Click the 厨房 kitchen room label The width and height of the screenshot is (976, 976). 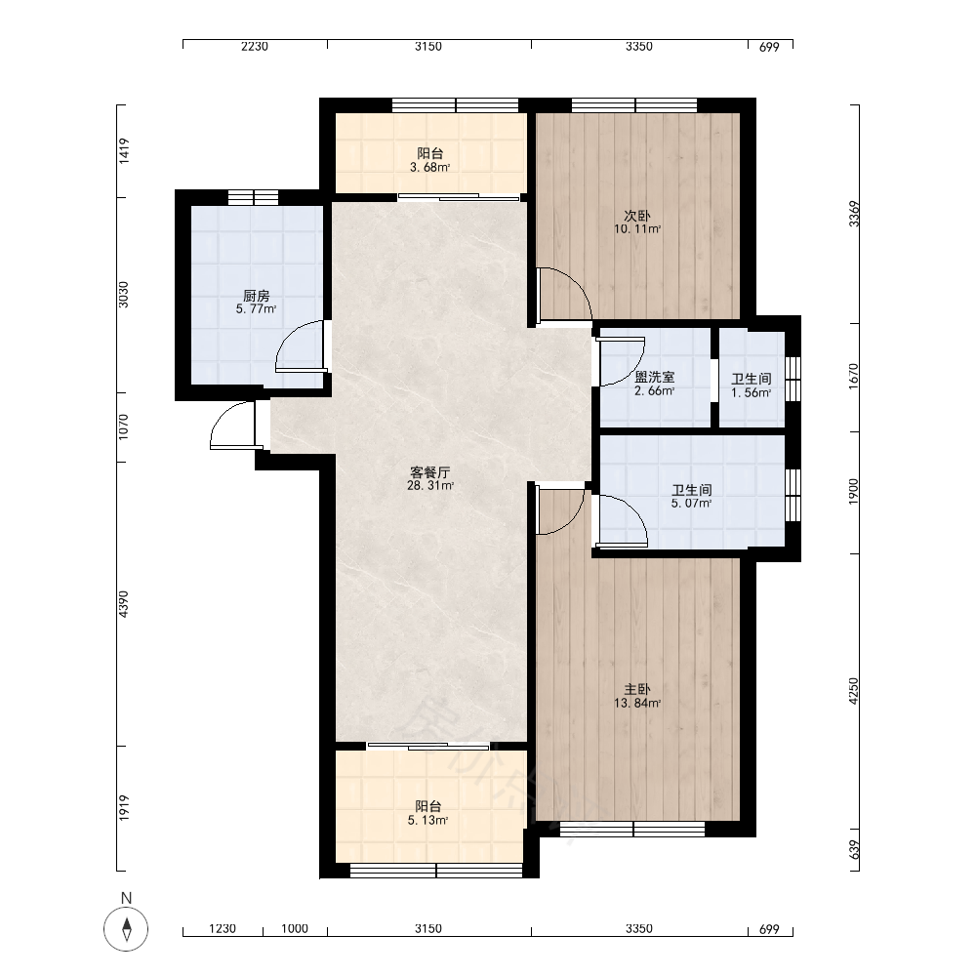pyautogui.click(x=256, y=296)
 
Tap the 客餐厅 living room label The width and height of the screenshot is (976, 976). pyautogui.click(x=430, y=472)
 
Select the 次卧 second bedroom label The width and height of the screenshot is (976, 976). pyautogui.click(x=637, y=216)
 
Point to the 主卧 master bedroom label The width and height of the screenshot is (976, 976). pyautogui.click(x=637, y=690)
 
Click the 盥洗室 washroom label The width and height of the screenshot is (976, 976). pyautogui.click(x=654, y=377)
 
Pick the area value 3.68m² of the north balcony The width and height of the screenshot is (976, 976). pyautogui.click(x=430, y=168)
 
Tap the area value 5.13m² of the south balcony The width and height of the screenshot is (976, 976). pyautogui.click(x=428, y=821)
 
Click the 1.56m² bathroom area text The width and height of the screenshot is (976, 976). pyautogui.click(x=752, y=392)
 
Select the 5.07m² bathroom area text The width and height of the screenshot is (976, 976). pyautogui.click(x=692, y=504)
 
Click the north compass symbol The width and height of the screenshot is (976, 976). pyautogui.click(x=126, y=929)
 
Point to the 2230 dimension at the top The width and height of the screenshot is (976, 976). pyautogui.click(x=255, y=47)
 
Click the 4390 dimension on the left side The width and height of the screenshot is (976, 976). pyautogui.click(x=124, y=604)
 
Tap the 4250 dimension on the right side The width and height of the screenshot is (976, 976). pyautogui.click(x=853, y=691)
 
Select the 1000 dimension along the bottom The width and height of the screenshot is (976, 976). pyautogui.click(x=295, y=929)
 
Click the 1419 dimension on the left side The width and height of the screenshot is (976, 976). pyautogui.click(x=124, y=151)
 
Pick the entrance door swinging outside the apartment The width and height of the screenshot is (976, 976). pyautogui.click(x=231, y=425)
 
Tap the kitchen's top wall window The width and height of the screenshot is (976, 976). pyautogui.click(x=253, y=197)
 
